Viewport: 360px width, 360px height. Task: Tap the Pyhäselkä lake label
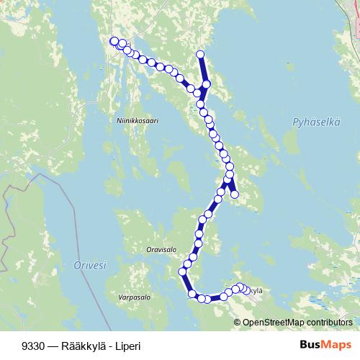tap(316, 123)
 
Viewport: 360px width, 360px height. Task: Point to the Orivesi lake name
tap(90, 266)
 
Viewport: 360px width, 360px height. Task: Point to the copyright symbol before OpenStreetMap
tap(238, 322)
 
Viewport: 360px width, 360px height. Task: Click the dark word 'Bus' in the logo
tap(310, 345)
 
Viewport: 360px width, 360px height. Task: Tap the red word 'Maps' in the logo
tap(336, 345)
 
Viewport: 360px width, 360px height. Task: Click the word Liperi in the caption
tap(127, 346)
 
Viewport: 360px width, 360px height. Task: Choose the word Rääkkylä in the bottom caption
tap(78, 346)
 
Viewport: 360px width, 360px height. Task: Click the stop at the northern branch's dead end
tap(201, 55)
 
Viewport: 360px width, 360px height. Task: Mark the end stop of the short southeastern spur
tap(234, 194)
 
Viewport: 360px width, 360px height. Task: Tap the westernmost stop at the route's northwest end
tap(113, 41)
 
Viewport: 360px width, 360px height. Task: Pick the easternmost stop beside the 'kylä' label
tap(247, 290)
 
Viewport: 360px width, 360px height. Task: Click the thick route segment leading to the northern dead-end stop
tap(203, 70)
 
